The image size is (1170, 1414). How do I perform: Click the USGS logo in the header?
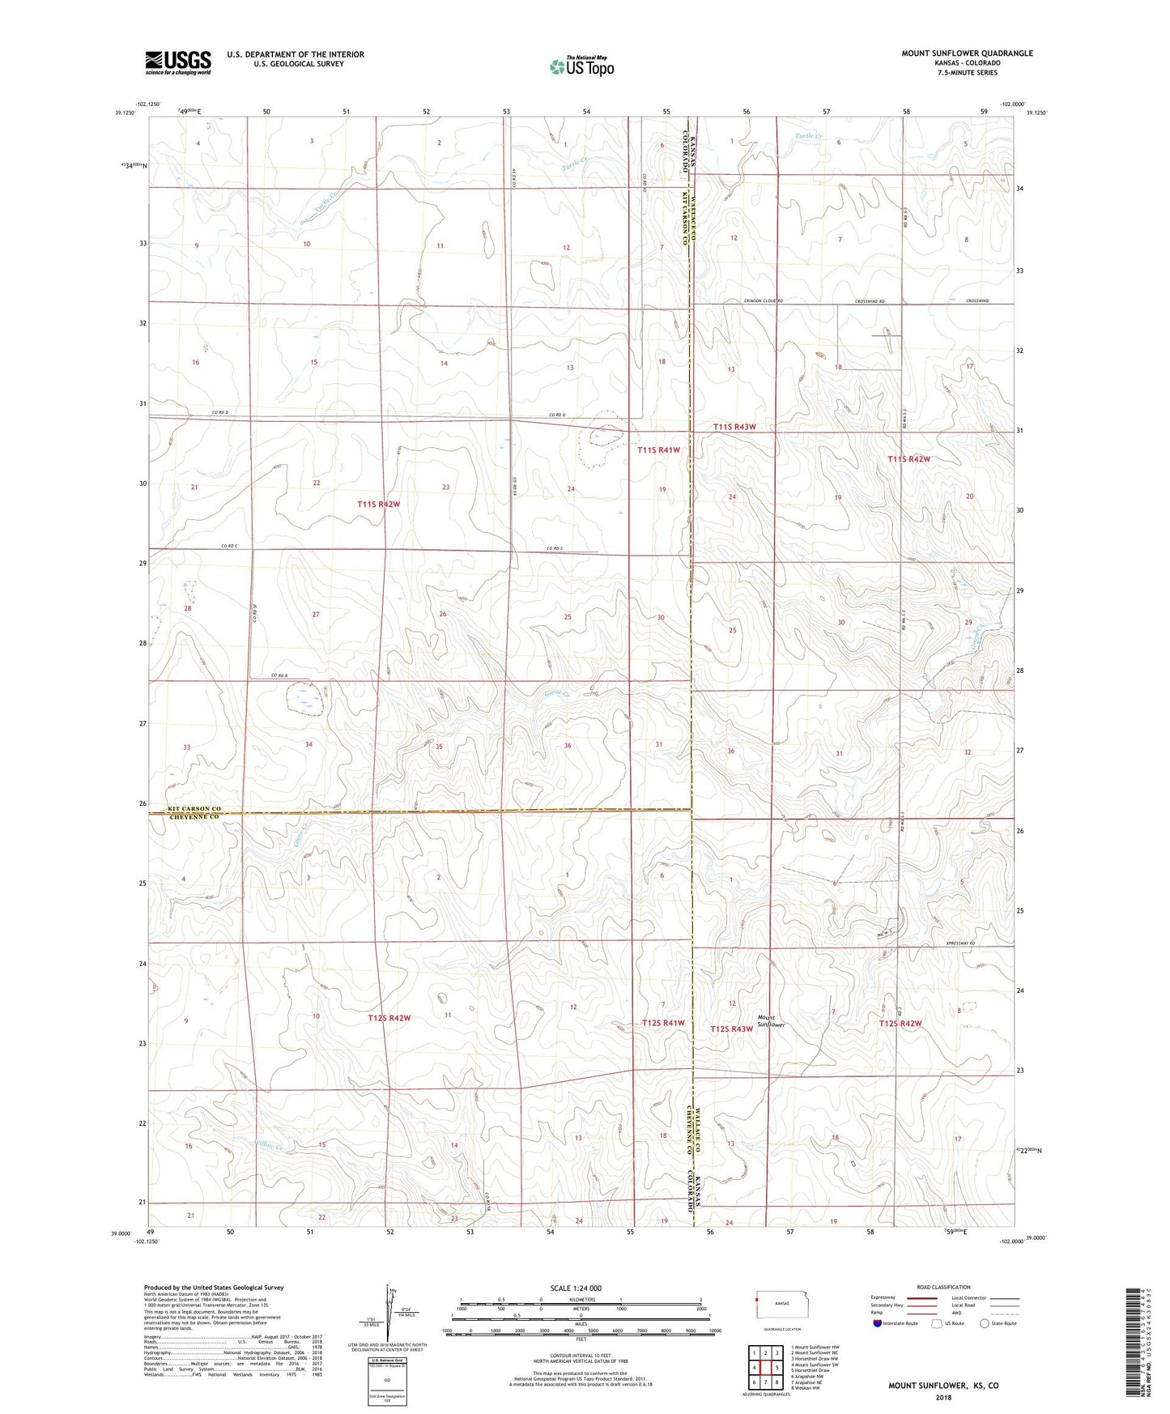[178, 62]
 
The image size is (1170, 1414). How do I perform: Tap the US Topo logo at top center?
[581, 66]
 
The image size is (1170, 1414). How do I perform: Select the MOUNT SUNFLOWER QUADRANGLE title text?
[967, 53]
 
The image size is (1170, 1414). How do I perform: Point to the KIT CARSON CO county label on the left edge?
[194, 808]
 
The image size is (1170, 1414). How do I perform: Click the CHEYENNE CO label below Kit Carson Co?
[194, 817]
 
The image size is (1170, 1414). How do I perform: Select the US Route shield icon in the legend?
[937, 1323]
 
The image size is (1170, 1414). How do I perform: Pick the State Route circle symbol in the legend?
[985, 1323]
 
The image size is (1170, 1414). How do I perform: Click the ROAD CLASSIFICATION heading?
[943, 1287]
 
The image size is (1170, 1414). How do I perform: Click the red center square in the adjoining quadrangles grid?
[765, 1368]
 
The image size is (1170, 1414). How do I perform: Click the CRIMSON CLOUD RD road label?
[764, 300]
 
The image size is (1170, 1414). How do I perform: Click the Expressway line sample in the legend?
[922, 1298]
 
